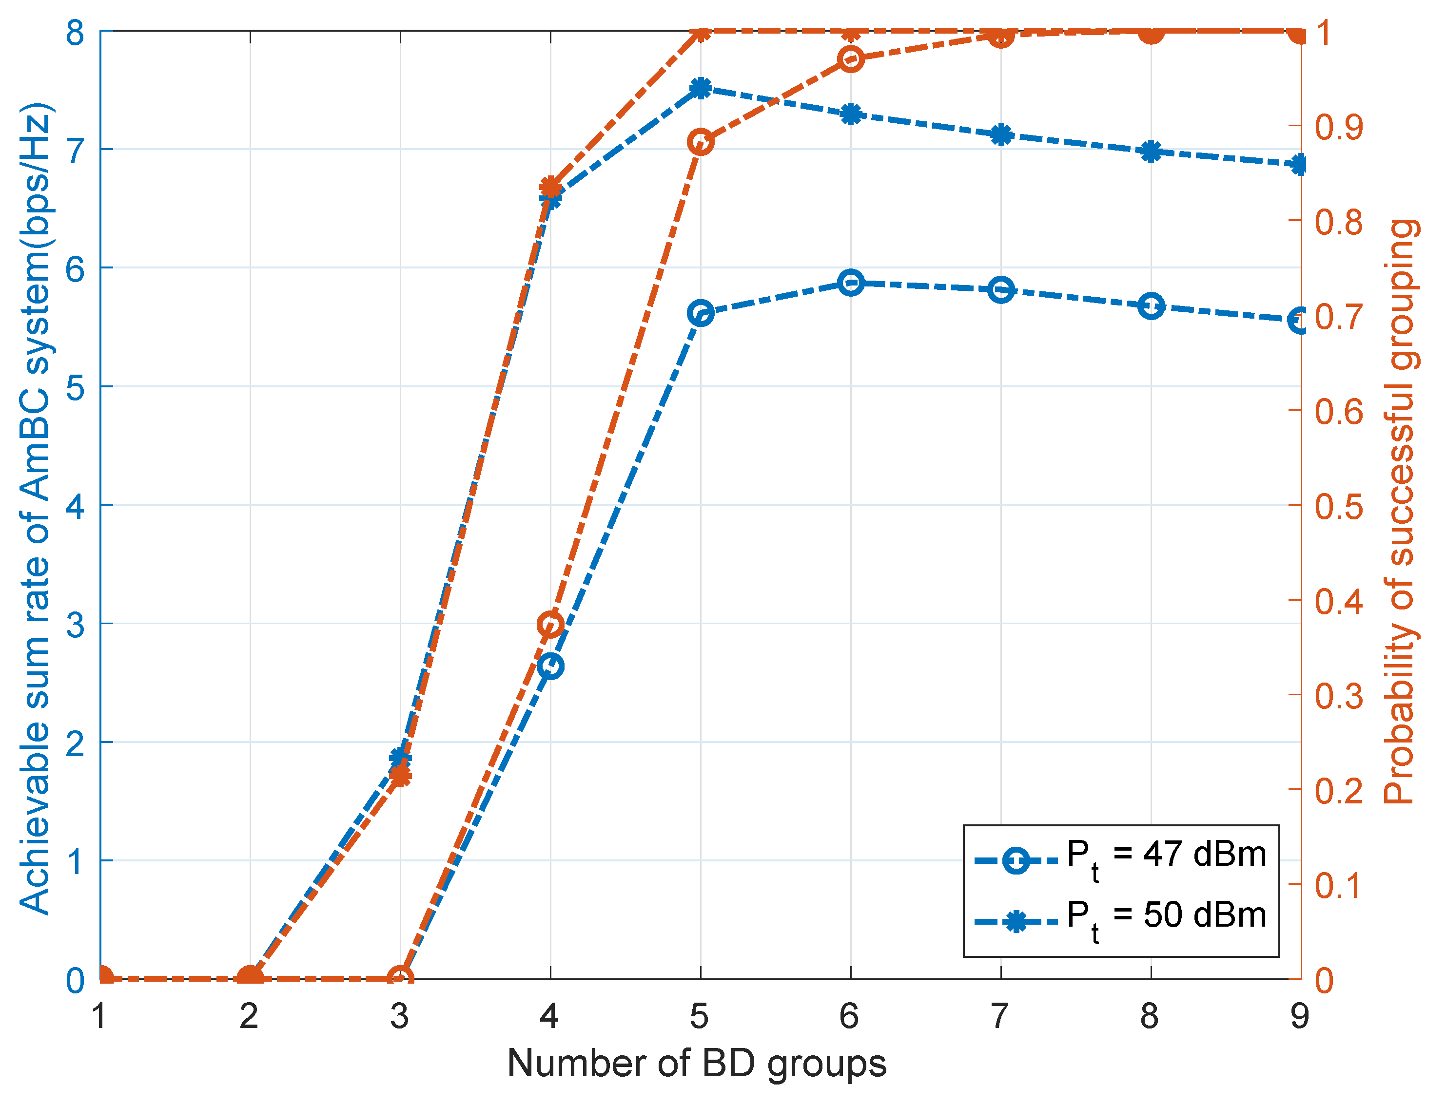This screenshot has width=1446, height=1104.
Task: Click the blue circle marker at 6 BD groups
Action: [851, 283]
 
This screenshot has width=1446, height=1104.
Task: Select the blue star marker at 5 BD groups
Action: [701, 88]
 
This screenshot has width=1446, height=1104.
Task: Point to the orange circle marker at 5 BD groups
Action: [701, 142]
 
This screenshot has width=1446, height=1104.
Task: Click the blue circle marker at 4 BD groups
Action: [550, 666]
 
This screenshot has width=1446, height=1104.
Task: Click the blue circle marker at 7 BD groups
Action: [1001, 290]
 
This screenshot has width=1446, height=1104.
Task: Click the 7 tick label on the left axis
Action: [76, 151]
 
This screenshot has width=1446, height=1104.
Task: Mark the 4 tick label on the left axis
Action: [76, 506]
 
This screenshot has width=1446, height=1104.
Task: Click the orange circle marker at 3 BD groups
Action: [400, 978]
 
